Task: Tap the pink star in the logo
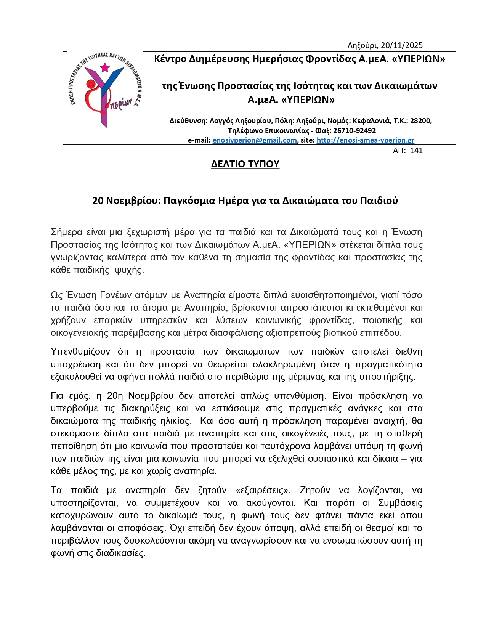coord(104,68)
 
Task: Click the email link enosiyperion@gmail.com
coord(255,140)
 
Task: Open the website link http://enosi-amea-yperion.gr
coord(365,140)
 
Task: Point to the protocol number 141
coord(416,151)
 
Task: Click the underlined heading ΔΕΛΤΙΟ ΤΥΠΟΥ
coord(245,164)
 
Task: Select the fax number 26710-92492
coord(354,130)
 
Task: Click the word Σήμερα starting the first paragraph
coord(66,233)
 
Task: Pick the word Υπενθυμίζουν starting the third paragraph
coord(80,351)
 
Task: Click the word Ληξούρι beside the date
coord(362,45)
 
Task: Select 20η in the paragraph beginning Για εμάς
coord(115,396)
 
